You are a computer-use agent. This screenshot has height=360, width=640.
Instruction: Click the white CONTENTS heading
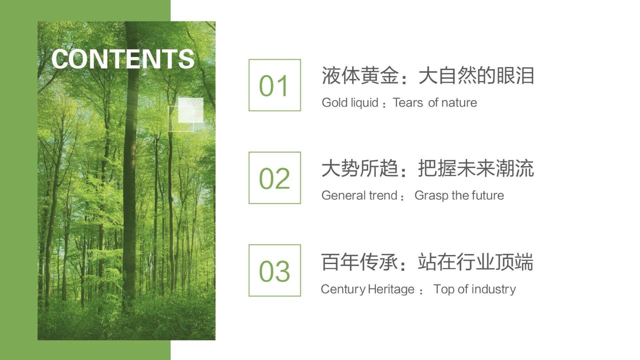point(123,59)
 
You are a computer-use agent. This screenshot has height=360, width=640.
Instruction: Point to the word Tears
point(408,102)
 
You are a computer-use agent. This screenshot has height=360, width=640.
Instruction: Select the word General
point(343,195)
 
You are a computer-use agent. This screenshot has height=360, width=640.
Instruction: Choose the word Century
point(343,289)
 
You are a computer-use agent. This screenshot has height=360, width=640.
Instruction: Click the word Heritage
point(391,289)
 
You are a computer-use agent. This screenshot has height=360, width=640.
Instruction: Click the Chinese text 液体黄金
point(360,76)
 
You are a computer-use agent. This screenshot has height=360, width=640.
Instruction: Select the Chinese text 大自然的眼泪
point(476,76)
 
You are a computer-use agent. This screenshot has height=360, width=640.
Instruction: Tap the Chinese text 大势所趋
point(360,168)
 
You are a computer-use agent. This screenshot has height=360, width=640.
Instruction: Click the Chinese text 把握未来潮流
point(476,168)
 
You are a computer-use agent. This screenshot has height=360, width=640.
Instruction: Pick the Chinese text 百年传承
point(360,262)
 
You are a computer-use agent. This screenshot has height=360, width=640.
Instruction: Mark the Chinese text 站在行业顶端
point(476,262)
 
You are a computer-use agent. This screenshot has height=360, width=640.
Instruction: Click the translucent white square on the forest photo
point(191,110)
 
